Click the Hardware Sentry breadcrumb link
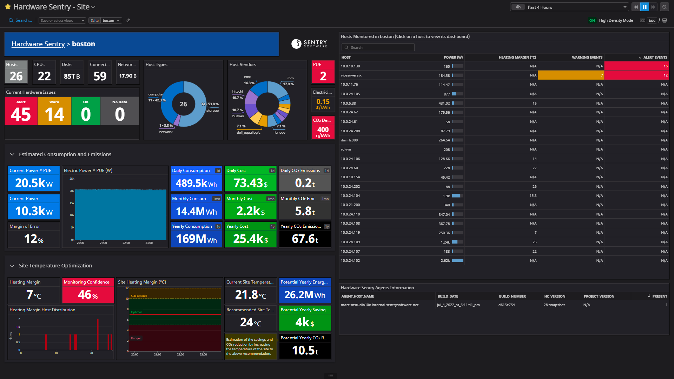click(x=38, y=44)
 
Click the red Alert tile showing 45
click(x=21, y=112)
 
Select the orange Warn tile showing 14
click(x=54, y=112)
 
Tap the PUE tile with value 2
click(x=323, y=73)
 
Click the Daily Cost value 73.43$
click(x=250, y=183)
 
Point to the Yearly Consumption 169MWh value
click(x=196, y=239)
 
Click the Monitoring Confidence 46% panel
click(x=88, y=291)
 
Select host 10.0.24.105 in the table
click(x=350, y=94)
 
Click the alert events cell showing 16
click(x=636, y=66)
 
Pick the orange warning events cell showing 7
click(x=570, y=75)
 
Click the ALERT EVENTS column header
click(x=655, y=57)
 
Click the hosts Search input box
click(x=378, y=47)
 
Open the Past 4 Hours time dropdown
click(x=569, y=7)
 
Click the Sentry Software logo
click(x=309, y=44)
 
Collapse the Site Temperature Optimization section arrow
click(x=12, y=266)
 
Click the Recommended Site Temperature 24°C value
click(x=250, y=322)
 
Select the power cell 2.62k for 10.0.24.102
click(x=445, y=260)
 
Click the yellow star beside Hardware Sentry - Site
click(x=8, y=7)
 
